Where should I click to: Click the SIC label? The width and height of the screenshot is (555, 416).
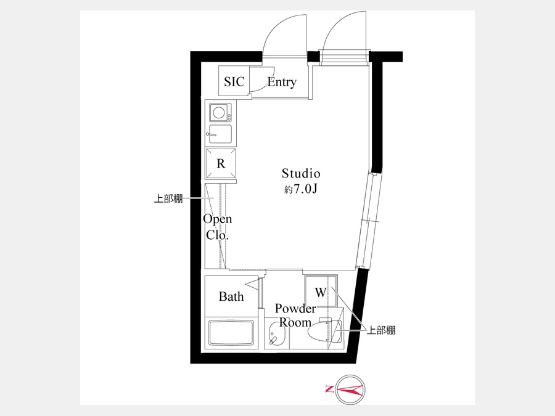point(234,82)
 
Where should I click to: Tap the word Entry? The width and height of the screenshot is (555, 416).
point(282,83)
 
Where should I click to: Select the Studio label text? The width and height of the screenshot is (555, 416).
point(301,173)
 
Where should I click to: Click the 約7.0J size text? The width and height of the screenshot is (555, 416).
point(301,189)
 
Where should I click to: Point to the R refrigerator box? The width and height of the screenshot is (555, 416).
point(221,163)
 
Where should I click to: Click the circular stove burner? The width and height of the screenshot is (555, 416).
point(218,113)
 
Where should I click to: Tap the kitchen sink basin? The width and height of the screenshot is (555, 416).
point(220,134)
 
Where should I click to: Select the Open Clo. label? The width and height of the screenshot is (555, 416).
point(217,227)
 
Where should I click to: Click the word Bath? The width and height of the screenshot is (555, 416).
point(231,296)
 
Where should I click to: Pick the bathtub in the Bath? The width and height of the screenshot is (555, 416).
point(231,333)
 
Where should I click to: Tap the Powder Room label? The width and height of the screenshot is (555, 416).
point(295,315)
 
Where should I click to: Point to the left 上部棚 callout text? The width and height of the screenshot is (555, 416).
point(168,198)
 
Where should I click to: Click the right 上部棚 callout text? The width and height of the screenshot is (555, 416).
point(381,330)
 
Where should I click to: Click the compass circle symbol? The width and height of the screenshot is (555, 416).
point(350,390)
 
